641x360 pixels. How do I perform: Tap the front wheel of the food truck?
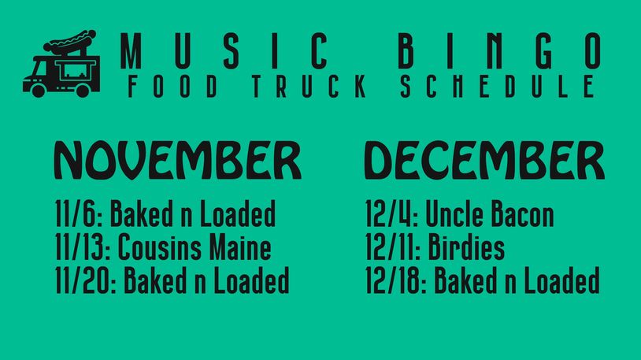click(39, 91)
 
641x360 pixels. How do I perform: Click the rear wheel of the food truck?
click(83, 91)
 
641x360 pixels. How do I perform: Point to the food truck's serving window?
click(76, 70)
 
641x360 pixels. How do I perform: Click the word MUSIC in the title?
click(224, 51)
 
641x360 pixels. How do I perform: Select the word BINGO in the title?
click(499, 51)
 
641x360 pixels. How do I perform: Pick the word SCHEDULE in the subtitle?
click(498, 86)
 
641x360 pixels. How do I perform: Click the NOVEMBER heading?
click(178, 160)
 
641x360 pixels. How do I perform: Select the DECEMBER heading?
click(484, 160)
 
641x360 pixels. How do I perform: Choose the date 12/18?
click(396, 280)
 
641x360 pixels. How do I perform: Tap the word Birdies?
click(466, 247)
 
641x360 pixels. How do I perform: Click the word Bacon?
click(522, 213)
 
